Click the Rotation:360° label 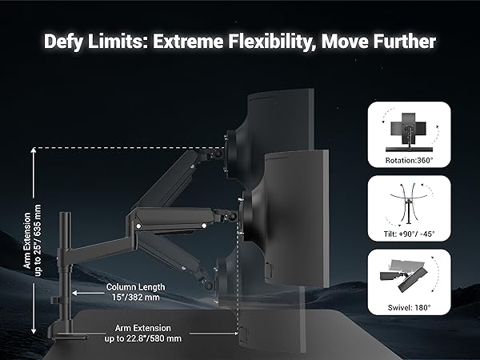click(408, 160)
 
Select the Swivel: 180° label click(408, 307)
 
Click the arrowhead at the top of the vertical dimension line click(34, 151)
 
